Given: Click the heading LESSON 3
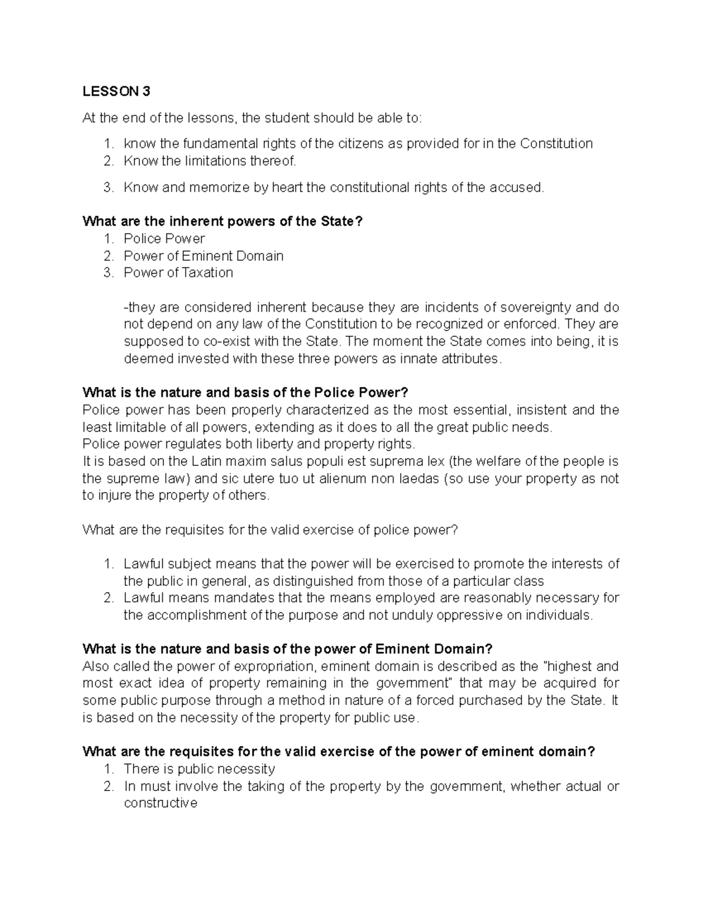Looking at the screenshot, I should (117, 91).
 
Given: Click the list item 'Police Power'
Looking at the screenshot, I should (164, 238).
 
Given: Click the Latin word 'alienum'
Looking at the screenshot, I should (342, 479).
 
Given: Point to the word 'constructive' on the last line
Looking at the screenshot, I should (161, 803).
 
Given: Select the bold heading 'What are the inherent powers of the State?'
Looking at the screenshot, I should (223, 221).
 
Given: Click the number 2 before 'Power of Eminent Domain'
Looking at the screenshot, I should (108, 256).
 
